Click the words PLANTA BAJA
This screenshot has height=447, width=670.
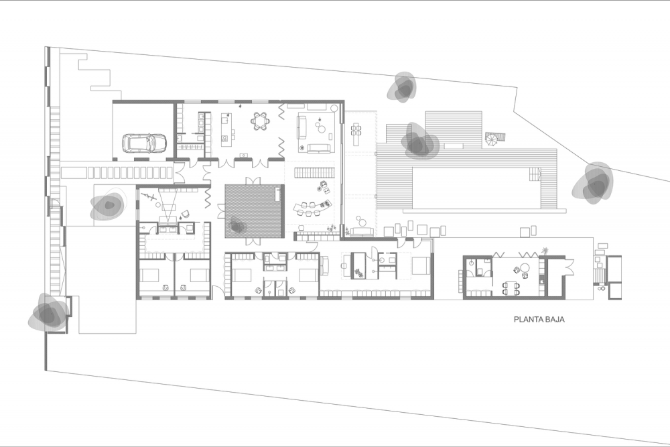539,319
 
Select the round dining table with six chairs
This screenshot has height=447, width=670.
260,121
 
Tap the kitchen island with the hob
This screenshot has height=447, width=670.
225,127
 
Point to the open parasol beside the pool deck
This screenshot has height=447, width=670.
491,139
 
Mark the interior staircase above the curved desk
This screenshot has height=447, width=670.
314,173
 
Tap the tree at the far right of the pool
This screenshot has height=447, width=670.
593,183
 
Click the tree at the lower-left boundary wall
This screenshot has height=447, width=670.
48,312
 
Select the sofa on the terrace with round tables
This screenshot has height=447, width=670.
362,232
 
